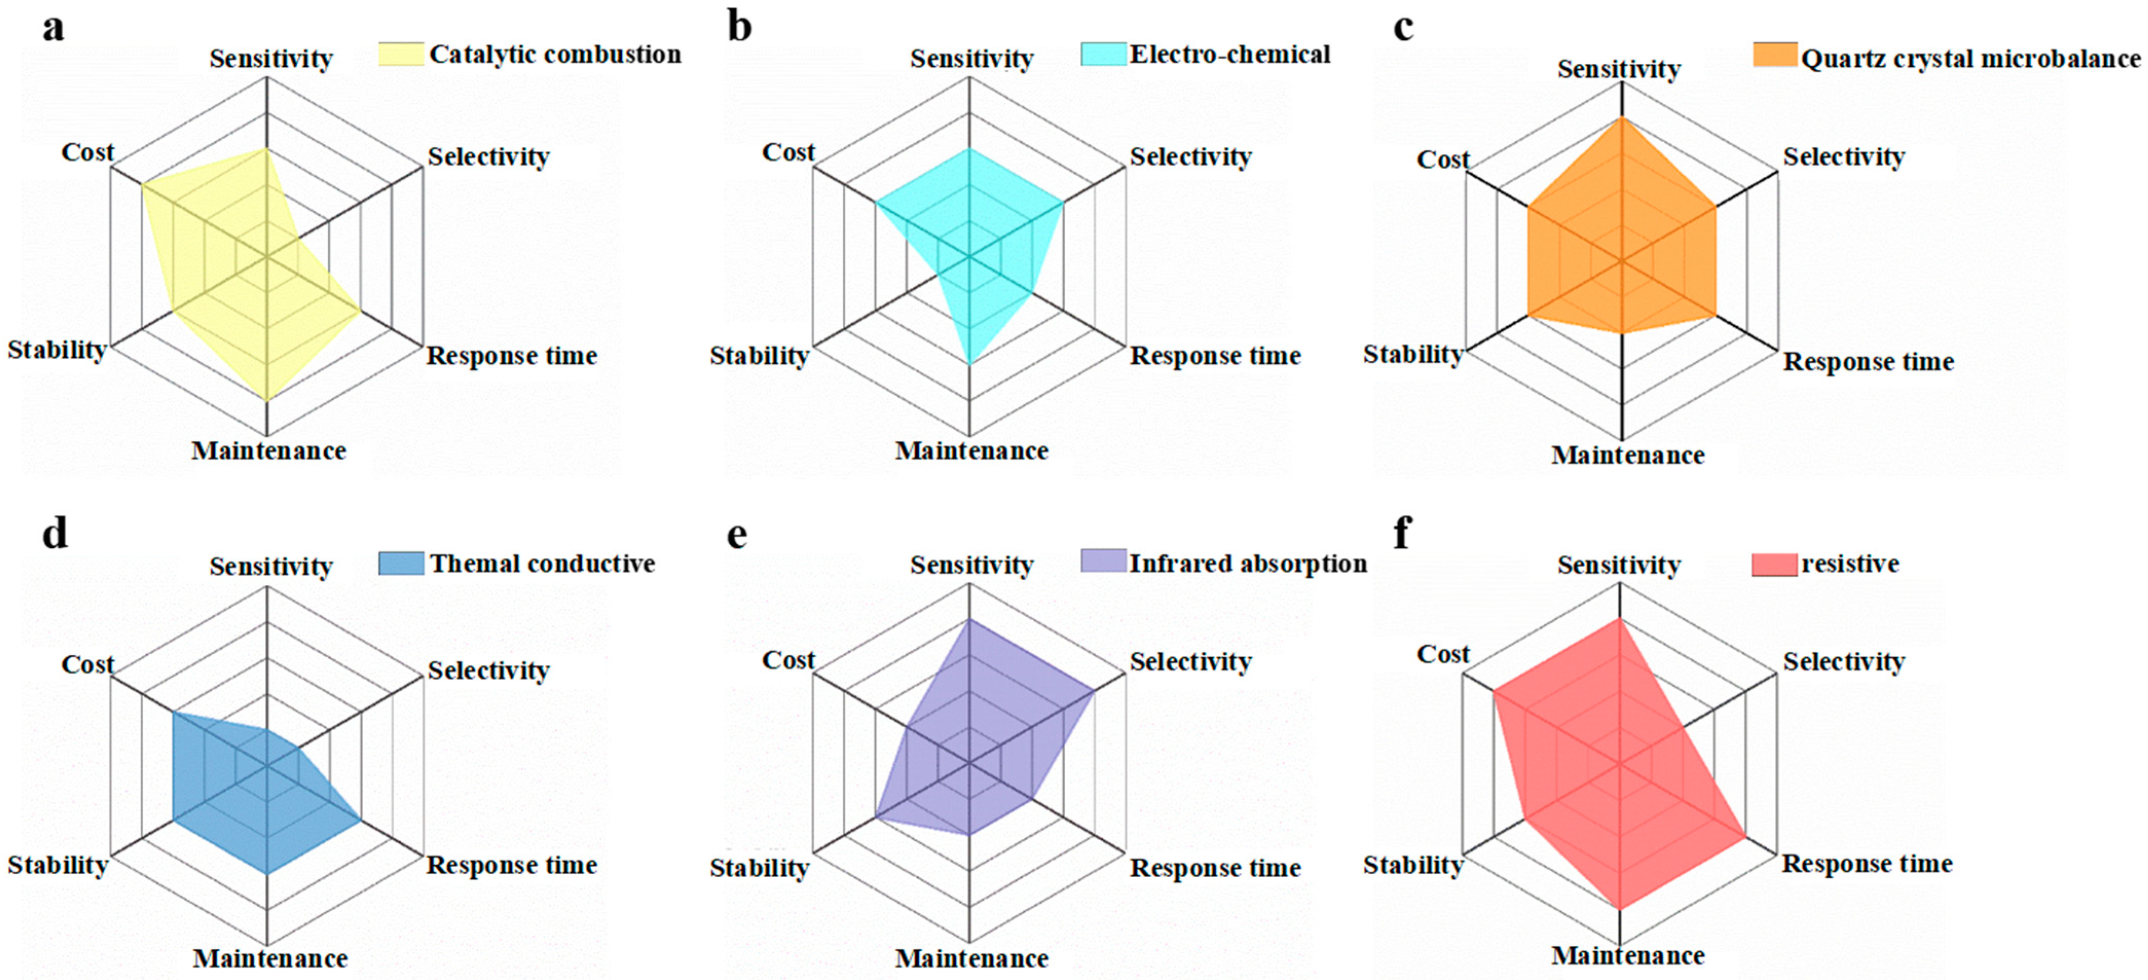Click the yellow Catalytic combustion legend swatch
point(401,54)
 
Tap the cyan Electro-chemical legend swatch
point(1103,54)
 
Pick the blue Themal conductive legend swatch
point(401,563)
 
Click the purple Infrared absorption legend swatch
point(1103,561)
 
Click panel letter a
point(53,28)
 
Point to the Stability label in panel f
point(1413,865)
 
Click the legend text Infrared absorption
point(1248,564)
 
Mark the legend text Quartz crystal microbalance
point(1970,59)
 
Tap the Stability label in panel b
point(759,356)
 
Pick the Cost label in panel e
point(788,660)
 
